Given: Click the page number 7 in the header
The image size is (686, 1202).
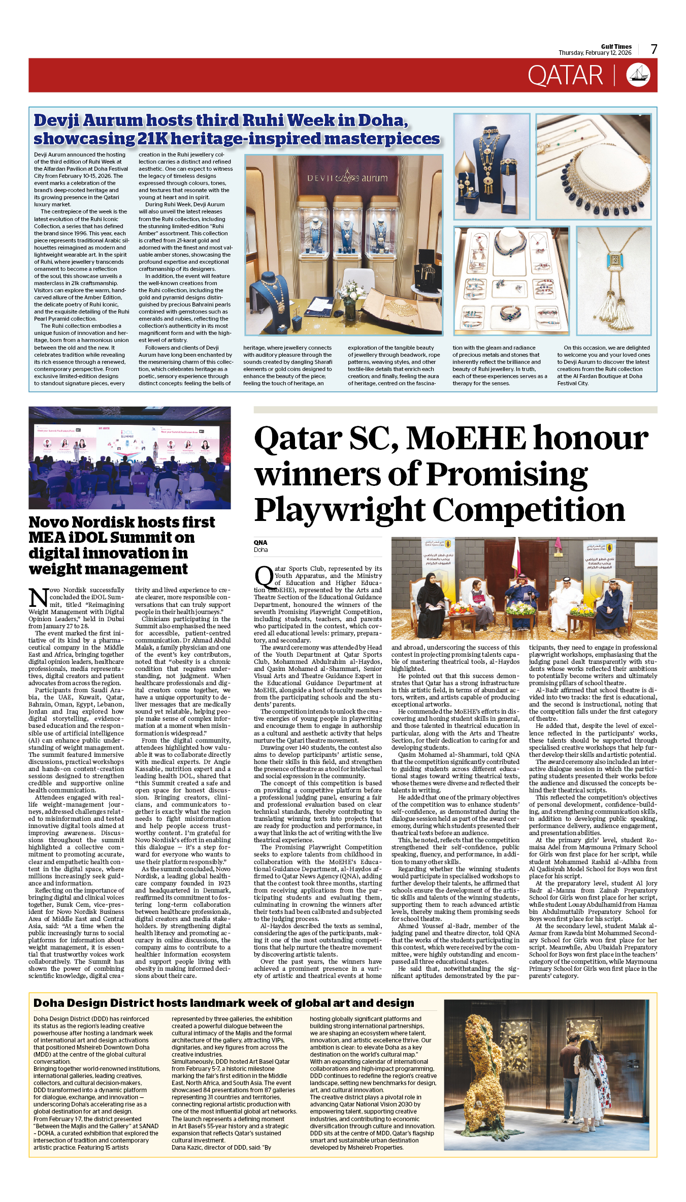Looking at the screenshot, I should pos(654,49).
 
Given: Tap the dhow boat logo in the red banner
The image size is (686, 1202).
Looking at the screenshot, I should pos(638,75).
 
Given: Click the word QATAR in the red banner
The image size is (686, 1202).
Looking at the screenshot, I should pos(565,76).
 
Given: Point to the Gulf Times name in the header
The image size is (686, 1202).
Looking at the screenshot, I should pos(616,46).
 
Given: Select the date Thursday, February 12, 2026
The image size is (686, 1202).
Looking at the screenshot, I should pos(595,53).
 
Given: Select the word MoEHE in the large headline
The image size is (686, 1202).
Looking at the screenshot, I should pos(466,438).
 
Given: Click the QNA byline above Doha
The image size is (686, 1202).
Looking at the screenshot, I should pos(260,542).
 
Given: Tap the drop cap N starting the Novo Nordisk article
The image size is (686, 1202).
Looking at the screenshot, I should pos(38,598).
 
